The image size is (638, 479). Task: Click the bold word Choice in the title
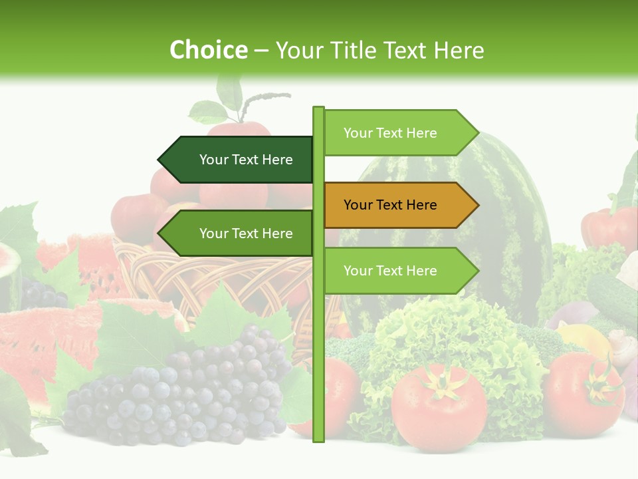(x=208, y=51)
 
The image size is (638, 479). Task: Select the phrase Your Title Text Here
(x=379, y=51)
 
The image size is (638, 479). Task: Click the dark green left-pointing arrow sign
(x=239, y=160)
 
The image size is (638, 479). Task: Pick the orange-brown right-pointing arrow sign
(x=397, y=205)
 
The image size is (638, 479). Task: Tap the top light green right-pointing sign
(x=397, y=133)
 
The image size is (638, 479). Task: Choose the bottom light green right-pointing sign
(x=397, y=271)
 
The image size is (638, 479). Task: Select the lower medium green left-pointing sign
(x=239, y=234)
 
